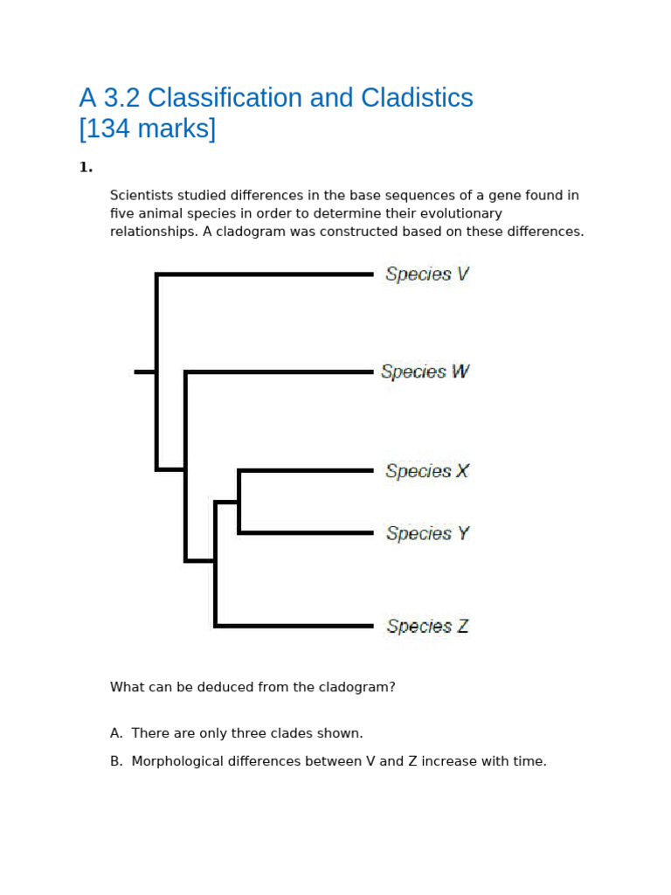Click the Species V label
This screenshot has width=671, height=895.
point(426,274)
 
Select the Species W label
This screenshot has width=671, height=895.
point(425,371)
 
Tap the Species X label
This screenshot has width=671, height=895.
point(426,471)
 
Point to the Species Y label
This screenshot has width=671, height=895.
point(427,533)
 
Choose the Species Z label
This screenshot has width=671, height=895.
point(427,627)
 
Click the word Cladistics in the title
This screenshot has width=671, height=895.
point(412,98)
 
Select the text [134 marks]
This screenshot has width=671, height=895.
point(147,128)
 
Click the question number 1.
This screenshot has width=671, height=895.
point(85,167)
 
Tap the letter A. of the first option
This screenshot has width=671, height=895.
point(116,733)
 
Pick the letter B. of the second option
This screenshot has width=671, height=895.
point(116,761)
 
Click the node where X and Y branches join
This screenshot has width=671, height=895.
point(239,503)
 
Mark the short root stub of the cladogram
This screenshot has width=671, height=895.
point(144,372)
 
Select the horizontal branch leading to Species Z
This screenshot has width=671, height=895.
point(294,626)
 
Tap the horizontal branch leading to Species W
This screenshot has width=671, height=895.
point(279,372)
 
